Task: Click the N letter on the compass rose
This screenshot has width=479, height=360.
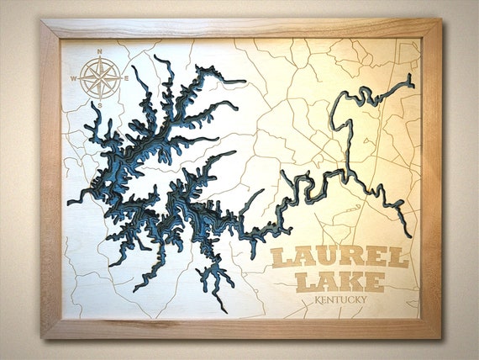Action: [x=100, y=53]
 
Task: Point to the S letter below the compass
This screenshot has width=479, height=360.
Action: [x=99, y=104]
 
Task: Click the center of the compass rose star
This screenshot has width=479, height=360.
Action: [x=99, y=79]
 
